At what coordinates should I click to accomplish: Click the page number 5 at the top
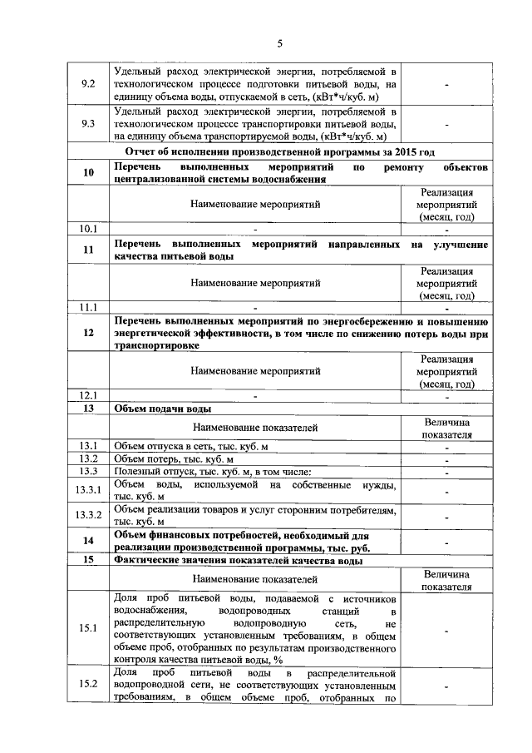click(x=279, y=43)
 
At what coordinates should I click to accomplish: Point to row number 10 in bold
click(x=88, y=172)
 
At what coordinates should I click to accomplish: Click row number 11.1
click(x=88, y=307)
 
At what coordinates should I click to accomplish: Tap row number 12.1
click(x=88, y=395)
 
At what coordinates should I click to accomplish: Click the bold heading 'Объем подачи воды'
click(x=161, y=409)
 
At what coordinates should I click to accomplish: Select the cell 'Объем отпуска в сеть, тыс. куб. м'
click(x=190, y=447)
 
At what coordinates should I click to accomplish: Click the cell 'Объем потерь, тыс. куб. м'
click(x=174, y=459)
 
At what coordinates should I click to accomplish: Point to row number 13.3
click(x=88, y=473)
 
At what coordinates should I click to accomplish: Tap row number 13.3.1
click(x=88, y=491)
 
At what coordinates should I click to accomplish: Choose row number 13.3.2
click(x=88, y=515)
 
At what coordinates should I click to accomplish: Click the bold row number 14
click(x=88, y=541)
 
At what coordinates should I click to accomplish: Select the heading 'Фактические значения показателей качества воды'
click(x=237, y=561)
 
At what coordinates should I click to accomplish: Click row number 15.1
click(x=88, y=628)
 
